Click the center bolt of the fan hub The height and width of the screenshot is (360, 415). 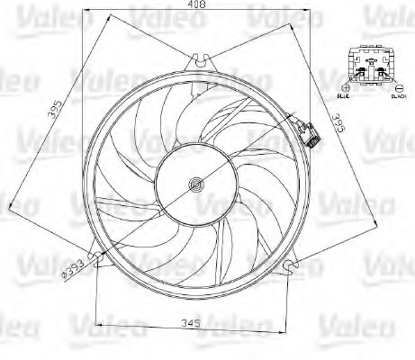[x=194, y=185]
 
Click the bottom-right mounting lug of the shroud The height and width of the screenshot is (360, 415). [x=290, y=265]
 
